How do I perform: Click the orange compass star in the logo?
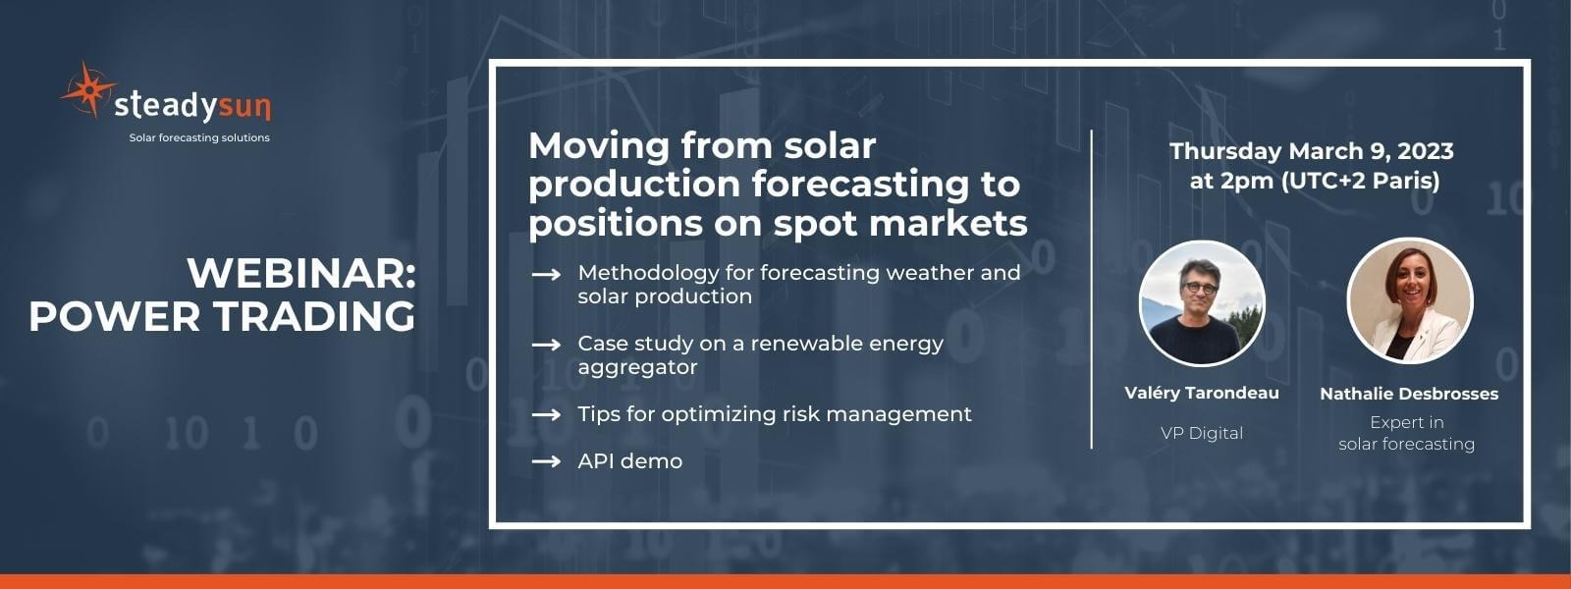point(88,89)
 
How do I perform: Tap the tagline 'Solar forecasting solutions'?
point(199,138)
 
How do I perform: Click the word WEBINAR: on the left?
point(301,273)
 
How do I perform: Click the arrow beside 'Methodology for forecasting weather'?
point(546,274)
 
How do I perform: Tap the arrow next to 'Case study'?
point(546,345)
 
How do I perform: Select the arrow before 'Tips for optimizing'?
point(546,414)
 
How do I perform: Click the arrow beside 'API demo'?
point(546,461)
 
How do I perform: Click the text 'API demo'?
point(629,461)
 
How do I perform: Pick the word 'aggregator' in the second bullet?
point(637,368)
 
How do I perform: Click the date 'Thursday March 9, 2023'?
point(1312,151)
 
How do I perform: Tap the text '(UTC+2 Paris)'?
point(1361,181)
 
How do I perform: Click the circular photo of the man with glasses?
point(1202,303)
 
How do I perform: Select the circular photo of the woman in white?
point(1410,300)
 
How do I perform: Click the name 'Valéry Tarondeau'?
point(1202,393)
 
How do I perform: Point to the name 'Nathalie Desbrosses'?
point(1409,394)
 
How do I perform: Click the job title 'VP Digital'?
point(1202,433)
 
